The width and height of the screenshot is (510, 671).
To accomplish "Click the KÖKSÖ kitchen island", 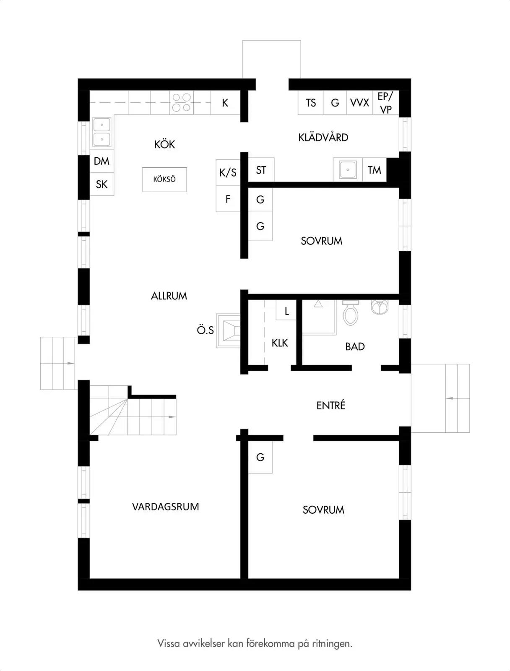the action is [164, 179].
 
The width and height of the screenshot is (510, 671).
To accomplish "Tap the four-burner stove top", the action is [181, 102].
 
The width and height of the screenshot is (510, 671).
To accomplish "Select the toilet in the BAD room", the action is [351, 312].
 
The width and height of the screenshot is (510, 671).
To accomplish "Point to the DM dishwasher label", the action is [101, 161].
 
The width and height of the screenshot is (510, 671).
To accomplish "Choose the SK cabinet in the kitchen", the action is [102, 184].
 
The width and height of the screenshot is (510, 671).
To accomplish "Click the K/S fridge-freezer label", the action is [228, 173].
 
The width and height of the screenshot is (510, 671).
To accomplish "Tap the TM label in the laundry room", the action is [375, 170].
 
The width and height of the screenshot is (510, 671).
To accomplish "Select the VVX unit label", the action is [359, 103].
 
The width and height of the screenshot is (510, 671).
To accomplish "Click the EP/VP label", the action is [385, 103].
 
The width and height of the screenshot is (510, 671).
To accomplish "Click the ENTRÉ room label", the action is [330, 406].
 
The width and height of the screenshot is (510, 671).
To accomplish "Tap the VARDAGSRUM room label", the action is [165, 507].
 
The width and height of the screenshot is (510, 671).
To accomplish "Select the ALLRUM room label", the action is [169, 296].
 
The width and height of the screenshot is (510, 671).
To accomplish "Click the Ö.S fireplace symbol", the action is [228, 330].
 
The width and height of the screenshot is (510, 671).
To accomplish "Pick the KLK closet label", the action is [280, 343].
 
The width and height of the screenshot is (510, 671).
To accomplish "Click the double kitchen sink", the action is [102, 132].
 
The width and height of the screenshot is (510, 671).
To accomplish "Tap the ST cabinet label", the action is [260, 170].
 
